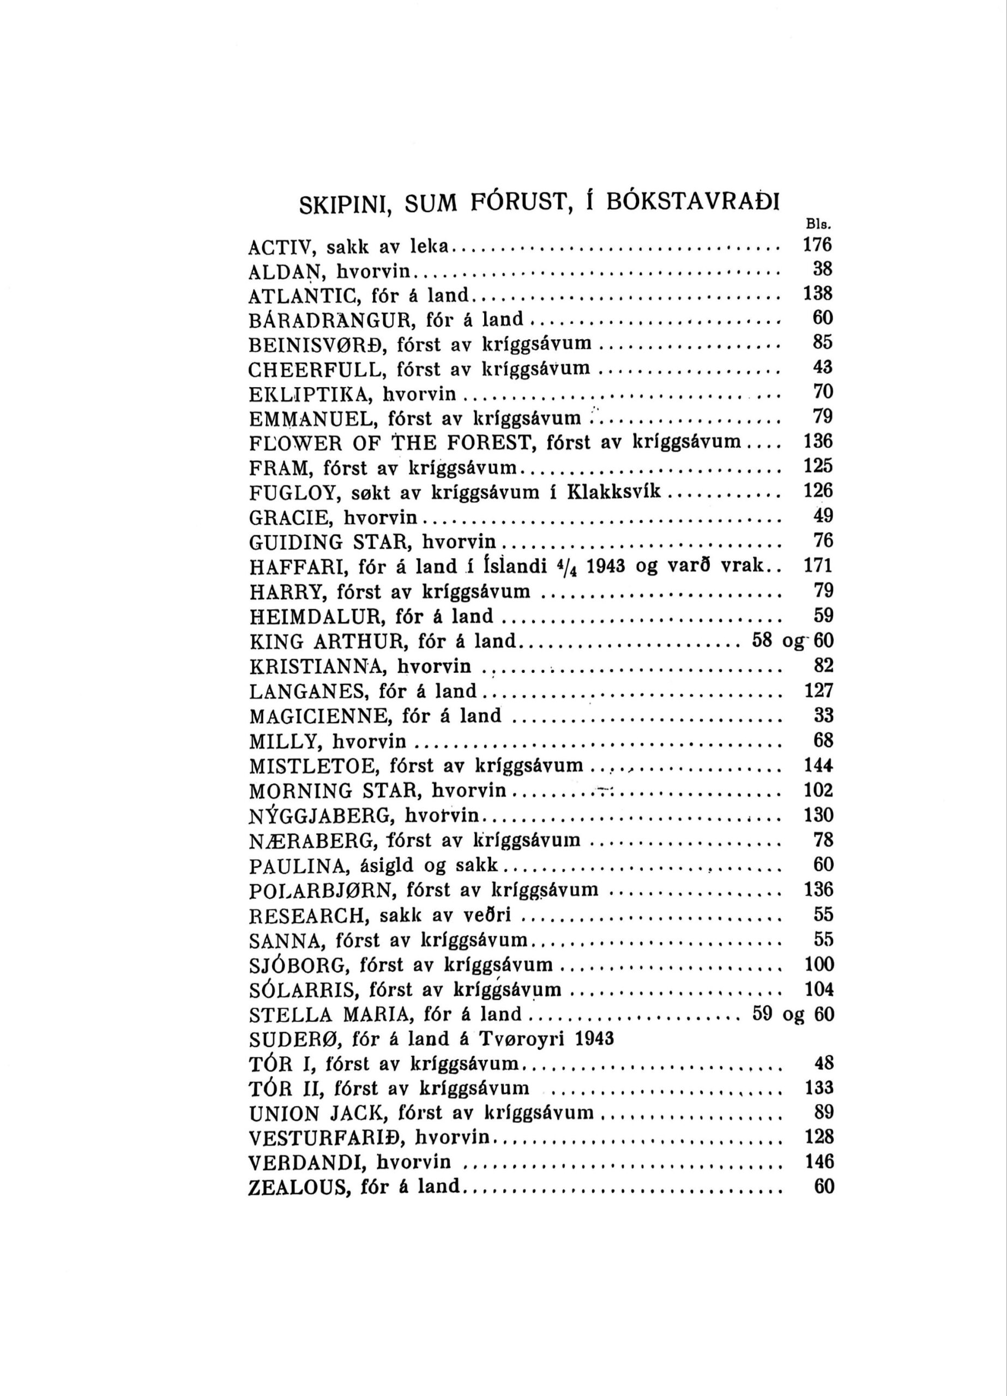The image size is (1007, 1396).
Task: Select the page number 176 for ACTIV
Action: pyautogui.click(x=818, y=245)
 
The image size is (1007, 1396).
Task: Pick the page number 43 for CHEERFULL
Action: pyautogui.click(x=823, y=368)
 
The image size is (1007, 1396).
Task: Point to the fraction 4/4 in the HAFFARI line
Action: pyautogui.click(x=566, y=566)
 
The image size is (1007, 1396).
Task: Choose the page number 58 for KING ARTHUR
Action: pyautogui.click(x=763, y=641)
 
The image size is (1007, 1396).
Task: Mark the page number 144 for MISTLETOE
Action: pyautogui.click(x=819, y=766)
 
